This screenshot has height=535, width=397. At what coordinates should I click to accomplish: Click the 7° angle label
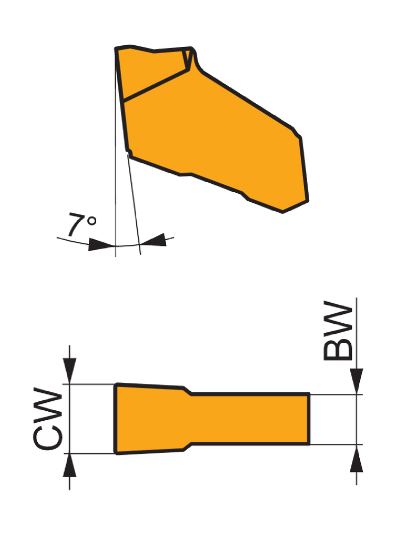tap(82, 224)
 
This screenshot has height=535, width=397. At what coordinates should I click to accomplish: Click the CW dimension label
tap(48, 419)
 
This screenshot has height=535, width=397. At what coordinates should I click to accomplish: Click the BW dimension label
tap(338, 331)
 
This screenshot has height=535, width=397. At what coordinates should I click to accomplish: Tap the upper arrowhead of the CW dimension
tap(69, 371)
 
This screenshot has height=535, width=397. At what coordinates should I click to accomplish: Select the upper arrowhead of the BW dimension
tap(356, 381)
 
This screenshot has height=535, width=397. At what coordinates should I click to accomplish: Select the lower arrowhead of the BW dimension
tap(356, 459)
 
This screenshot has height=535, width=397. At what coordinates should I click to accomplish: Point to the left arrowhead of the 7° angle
tap(101, 244)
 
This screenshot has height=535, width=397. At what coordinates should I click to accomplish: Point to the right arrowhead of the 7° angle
tap(153, 240)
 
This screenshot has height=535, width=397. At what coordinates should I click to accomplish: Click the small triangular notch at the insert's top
tap(187, 58)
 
